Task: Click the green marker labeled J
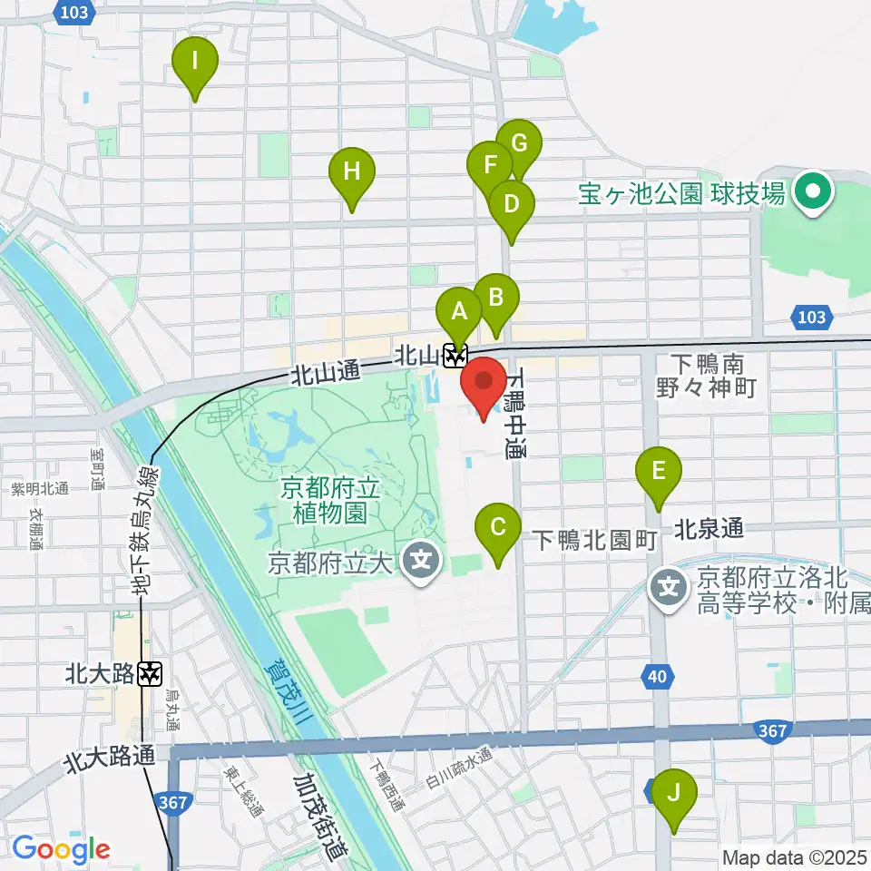point(673,794)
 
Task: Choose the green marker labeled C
point(498,529)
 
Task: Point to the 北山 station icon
point(455,356)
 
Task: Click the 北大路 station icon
point(151,674)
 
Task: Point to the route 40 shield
point(660,675)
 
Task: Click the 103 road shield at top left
point(77,12)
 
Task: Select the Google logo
point(61,849)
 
